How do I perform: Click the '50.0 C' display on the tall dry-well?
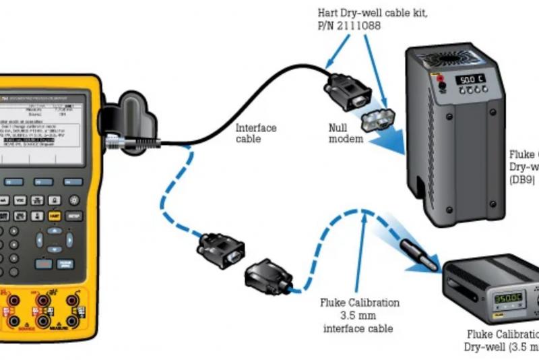[x=471, y=80]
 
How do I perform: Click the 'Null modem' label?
[x=346, y=133]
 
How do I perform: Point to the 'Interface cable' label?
[x=255, y=133]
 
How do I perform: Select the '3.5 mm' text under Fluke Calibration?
[x=360, y=316]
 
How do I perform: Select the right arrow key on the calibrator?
[x=67, y=239]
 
